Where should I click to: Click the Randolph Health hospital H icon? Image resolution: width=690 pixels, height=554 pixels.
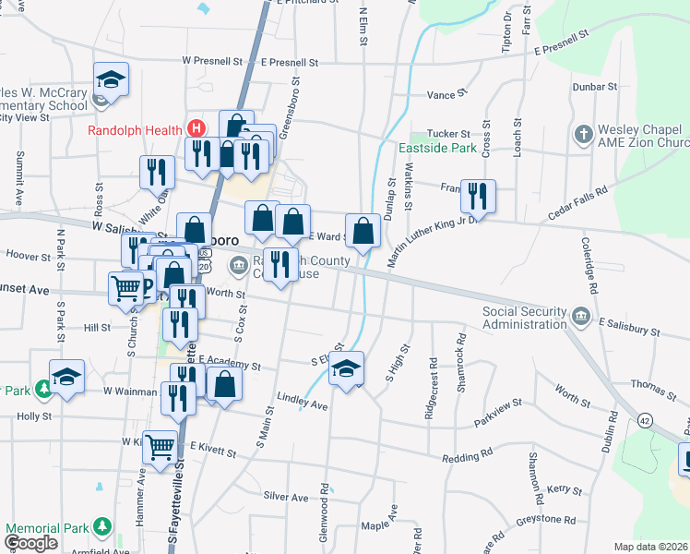[x=195, y=129]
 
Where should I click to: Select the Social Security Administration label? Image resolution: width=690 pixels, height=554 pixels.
[x=525, y=318]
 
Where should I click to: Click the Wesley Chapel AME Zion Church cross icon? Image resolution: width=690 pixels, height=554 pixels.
[x=582, y=135]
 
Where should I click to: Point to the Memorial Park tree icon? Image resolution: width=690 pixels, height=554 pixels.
[x=103, y=529]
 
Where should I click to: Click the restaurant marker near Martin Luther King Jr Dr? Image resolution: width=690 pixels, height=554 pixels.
[x=478, y=195]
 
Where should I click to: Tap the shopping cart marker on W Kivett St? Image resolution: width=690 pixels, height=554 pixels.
[x=161, y=447]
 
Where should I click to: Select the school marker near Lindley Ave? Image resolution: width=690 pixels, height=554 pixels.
[x=346, y=369]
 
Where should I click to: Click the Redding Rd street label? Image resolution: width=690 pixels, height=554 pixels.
[x=467, y=457]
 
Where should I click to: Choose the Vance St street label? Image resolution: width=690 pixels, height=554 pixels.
[x=442, y=95]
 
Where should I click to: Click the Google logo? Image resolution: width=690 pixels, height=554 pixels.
[x=31, y=543]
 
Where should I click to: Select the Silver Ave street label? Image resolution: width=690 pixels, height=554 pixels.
[x=286, y=497]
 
